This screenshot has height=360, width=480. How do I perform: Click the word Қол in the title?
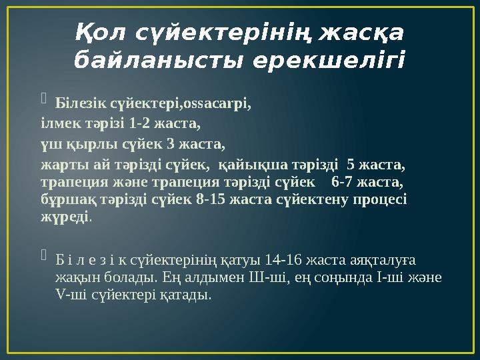pos(100,31)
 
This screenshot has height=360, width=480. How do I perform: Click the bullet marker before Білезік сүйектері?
pos(44,102)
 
